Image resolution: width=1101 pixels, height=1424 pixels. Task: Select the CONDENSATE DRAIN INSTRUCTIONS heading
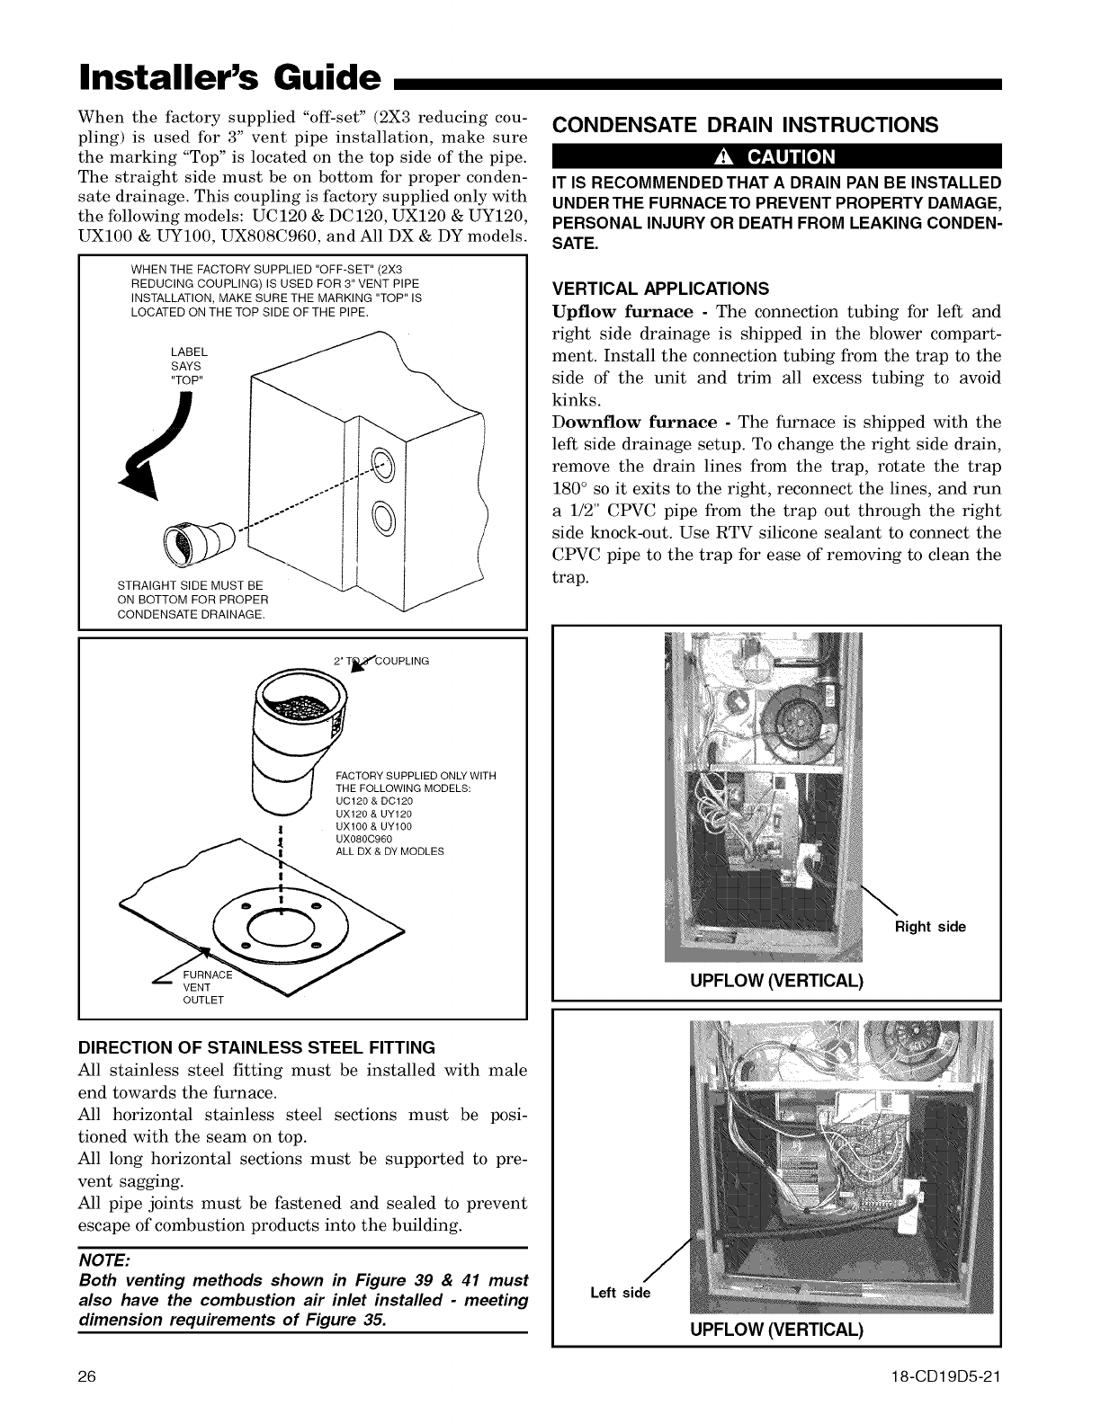point(746,124)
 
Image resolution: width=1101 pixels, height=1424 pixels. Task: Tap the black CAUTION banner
point(775,157)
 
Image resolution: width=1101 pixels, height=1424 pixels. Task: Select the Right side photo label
point(929,927)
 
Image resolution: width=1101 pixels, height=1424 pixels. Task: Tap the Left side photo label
point(619,1293)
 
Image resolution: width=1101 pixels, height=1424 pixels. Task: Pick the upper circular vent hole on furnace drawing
point(382,464)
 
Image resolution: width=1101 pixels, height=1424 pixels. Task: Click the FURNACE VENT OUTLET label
point(205,987)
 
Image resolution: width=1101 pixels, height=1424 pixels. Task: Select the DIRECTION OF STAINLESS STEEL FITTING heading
point(257,1047)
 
